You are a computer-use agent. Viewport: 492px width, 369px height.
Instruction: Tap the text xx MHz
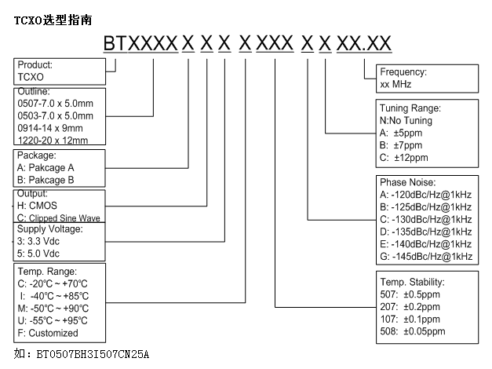pos(396,83)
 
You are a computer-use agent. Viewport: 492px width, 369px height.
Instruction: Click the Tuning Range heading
pos(410,108)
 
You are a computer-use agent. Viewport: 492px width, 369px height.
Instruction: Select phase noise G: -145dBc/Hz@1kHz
pos(425,257)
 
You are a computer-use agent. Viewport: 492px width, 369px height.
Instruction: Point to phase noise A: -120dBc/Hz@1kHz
pos(425,194)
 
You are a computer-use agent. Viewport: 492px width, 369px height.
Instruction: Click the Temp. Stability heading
pos(413,281)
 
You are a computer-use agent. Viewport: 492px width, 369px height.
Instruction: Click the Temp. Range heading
pos(46,270)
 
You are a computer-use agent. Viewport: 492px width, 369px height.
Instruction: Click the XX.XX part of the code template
pos(364,45)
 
